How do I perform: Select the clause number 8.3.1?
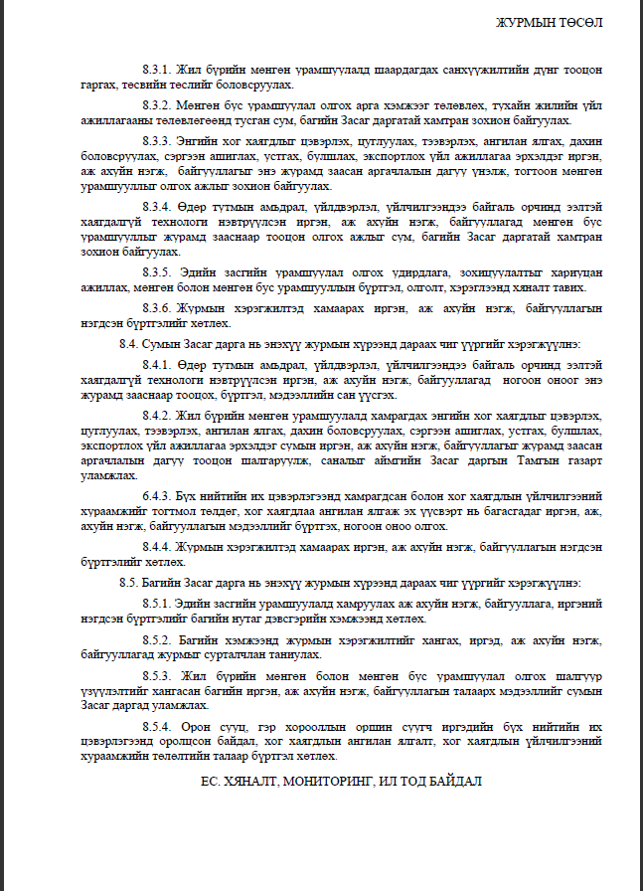[157, 71]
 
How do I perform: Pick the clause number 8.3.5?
[157, 271]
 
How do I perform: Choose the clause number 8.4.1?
[157, 365]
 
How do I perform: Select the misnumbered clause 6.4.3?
[157, 494]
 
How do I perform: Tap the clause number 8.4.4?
[157, 546]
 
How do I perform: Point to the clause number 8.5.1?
[157, 603]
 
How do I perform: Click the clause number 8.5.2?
[157, 639]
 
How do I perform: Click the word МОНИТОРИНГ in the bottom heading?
[321, 782]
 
